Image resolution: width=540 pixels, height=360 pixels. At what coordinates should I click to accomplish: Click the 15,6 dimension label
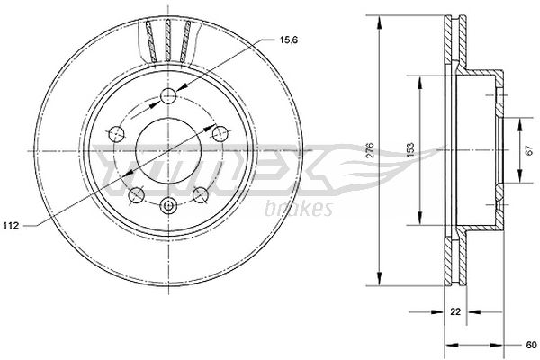[289, 40]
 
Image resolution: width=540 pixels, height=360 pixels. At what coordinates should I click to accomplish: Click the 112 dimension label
[11, 226]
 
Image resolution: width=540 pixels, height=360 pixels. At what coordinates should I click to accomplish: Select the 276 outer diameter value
[369, 150]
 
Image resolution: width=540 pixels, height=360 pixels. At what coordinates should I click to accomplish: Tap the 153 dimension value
[410, 150]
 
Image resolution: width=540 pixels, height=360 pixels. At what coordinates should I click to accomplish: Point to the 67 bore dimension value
[529, 150]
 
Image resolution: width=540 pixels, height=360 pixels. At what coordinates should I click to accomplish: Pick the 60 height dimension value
[531, 346]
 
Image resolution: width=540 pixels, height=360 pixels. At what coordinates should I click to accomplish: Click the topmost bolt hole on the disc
[168, 95]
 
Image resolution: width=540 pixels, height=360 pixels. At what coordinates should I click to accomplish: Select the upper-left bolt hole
[116, 134]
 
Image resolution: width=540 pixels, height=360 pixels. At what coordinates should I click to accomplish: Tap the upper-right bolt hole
[220, 134]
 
